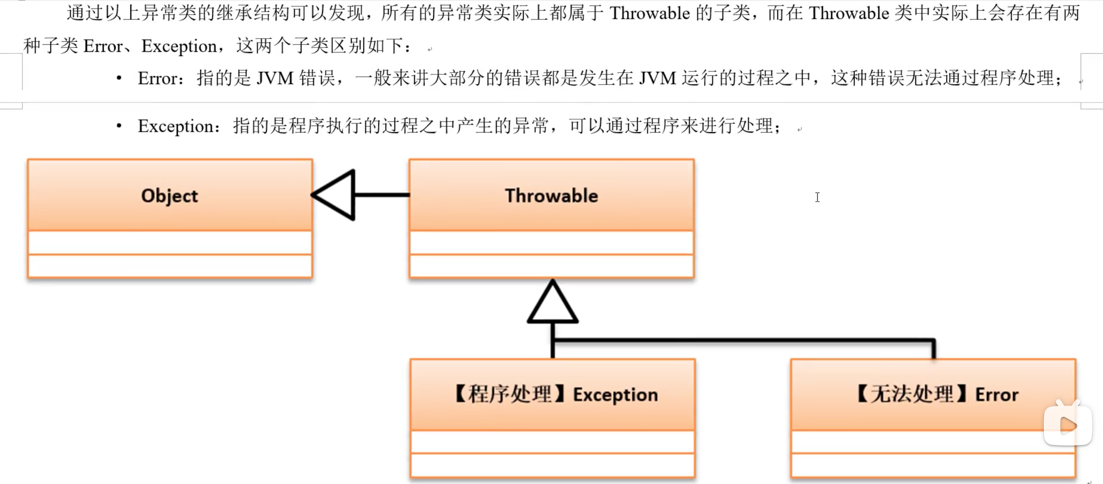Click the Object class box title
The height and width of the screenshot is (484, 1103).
(x=169, y=196)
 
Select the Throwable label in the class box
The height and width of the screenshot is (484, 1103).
(x=551, y=196)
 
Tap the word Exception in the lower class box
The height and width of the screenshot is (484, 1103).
(x=616, y=395)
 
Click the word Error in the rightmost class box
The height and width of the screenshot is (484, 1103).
(x=997, y=395)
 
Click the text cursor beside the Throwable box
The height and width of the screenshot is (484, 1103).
(x=818, y=197)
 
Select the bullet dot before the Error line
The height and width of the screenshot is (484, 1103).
(x=119, y=78)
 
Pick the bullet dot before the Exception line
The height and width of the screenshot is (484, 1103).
(x=119, y=126)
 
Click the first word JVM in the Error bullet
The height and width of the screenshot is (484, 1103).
(x=275, y=78)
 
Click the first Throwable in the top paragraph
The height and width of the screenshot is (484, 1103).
(x=650, y=13)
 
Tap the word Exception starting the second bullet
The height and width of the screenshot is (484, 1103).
(x=176, y=126)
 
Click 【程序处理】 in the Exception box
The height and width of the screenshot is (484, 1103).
(x=510, y=395)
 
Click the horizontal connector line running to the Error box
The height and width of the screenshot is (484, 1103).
(x=744, y=341)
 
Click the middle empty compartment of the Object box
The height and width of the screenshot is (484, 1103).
(x=169, y=243)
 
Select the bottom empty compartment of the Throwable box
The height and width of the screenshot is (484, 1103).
(x=551, y=266)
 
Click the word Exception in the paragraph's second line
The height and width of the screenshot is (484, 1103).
(x=179, y=46)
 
